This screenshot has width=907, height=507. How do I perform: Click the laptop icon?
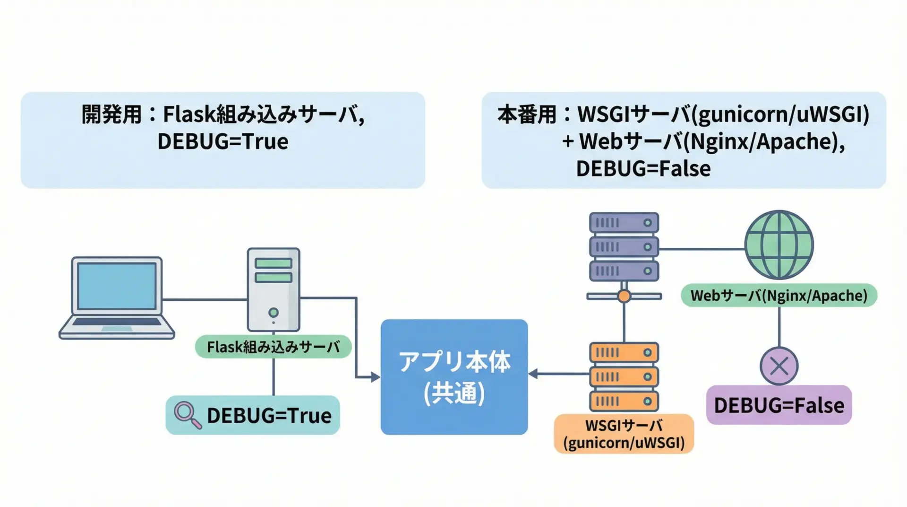pos(117,297)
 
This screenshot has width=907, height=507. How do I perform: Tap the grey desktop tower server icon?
pos(274,289)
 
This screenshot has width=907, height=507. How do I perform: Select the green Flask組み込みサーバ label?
pos(273,347)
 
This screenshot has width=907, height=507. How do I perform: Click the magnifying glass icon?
pos(187,415)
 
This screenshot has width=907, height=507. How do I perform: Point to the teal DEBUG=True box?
pos(253,415)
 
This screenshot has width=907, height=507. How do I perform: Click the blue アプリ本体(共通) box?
pos(454,377)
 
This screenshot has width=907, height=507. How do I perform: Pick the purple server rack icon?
pos(624,246)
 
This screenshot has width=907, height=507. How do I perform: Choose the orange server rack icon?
pos(624,377)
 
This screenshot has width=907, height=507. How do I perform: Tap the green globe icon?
pos(779,245)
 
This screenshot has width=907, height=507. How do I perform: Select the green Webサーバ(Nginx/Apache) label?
pos(779,296)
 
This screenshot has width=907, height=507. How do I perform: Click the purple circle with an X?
pos(779,366)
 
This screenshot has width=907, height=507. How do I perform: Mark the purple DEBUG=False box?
pos(779,405)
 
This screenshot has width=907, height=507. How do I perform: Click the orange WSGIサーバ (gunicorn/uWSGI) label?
pos(624,434)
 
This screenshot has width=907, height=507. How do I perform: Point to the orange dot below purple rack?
pos(624,297)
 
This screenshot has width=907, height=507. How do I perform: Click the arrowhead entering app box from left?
pos(375,377)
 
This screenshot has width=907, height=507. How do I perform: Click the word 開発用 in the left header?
pos(111,114)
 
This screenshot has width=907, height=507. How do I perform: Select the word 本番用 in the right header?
pos(527,114)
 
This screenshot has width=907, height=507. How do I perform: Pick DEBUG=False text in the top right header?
pos(643,169)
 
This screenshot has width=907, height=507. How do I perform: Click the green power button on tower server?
pos(274,313)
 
